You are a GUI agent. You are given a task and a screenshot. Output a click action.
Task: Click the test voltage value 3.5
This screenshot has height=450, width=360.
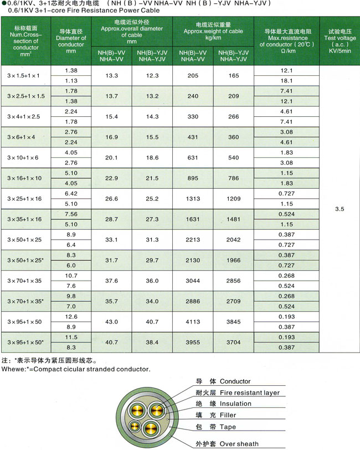(x=340, y=210)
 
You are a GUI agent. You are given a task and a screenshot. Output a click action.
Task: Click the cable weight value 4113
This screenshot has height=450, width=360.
(x=193, y=322)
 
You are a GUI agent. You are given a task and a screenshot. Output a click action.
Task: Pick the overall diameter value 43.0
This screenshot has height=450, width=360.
(x=112, y=322)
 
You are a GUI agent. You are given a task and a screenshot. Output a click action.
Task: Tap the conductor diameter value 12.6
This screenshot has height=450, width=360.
(x=71, y=317)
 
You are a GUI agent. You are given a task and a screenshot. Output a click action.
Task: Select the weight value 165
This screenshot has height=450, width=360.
(x=234, y=75)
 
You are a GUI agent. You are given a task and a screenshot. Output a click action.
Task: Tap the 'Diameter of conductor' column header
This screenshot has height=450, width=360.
(x=71, y=38)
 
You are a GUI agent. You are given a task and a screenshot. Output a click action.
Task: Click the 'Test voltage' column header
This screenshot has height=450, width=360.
(x=340, y=38)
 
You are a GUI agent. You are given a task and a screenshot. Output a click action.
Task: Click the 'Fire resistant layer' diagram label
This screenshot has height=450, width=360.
(x=249, y=392)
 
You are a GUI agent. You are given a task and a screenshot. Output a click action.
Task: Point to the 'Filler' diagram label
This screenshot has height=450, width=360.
(x=228, y=415)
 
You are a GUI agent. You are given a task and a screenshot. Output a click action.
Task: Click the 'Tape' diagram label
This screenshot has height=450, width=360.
(x=228, y=427)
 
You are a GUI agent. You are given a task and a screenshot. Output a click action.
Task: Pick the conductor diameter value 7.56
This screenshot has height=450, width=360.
(x=71, y=214)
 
